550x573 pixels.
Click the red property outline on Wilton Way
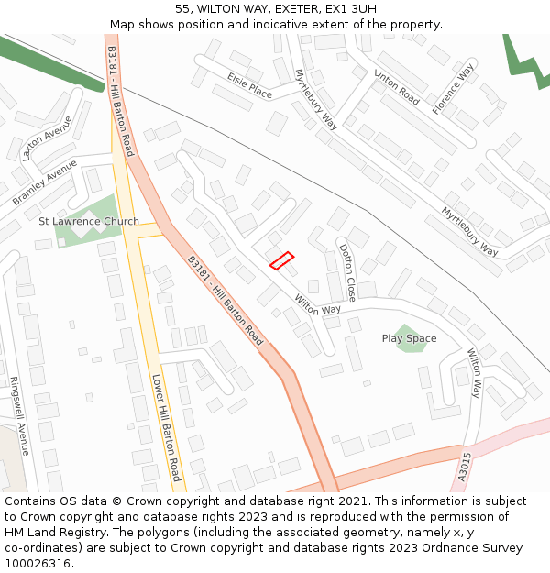[x=281, y=260]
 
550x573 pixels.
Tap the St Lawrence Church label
[x=89, y=221]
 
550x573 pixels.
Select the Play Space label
[x=409, y=338]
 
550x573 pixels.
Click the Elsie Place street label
[x=250, y=85]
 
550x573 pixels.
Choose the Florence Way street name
[x=454, y=89]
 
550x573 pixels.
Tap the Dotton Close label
[x=347, y=272]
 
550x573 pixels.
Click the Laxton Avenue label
[x=47, y=138]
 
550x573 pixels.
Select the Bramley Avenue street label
[x=45, y=182]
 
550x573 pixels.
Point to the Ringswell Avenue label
[x=20, y=416]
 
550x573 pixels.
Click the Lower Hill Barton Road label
[x=166, y=427]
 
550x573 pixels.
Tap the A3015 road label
[x=465, y=467]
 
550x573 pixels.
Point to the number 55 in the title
[x=182, y=9]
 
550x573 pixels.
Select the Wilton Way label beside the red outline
[x=317, y=305]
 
